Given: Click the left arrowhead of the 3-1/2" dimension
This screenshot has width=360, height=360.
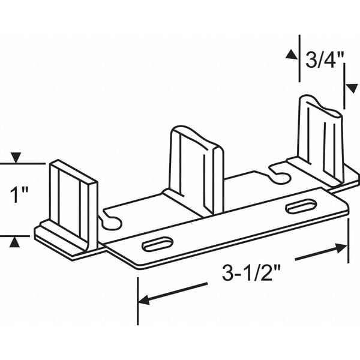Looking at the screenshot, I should coord(144,298).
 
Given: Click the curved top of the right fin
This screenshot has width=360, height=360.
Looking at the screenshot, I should coord(322,102).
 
